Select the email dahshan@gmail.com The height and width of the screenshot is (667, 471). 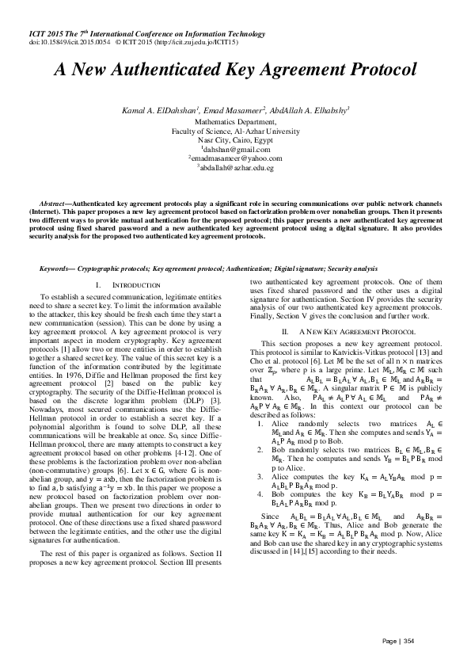click(237, 149)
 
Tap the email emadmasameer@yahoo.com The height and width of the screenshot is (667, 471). click(236, 158)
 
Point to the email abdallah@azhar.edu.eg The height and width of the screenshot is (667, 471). click(236, 168)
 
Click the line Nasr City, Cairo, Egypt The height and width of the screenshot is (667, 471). click(236, 139)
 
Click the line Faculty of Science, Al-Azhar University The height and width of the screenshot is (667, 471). click(236, 131)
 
